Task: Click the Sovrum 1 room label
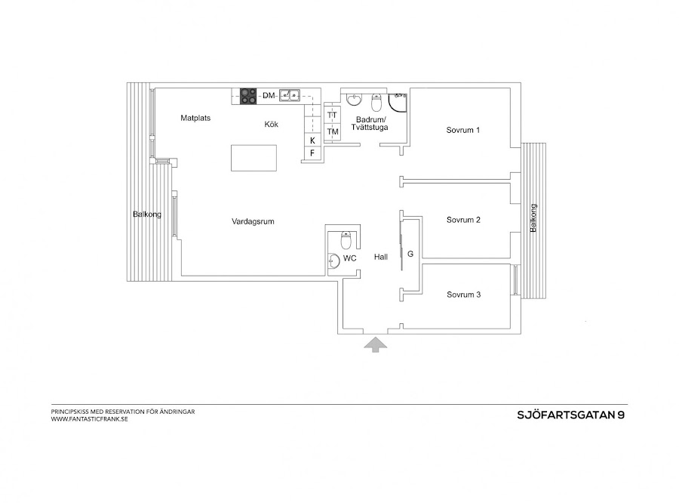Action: [x=463, y=130]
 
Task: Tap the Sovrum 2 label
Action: [x=463, y=220]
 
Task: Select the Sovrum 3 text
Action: [x=463, y=295]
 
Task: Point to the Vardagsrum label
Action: [x=252, y=222]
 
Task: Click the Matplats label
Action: [x=195, y=118]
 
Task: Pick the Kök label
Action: [x=272, y=125]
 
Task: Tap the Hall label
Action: [x=380, y=257]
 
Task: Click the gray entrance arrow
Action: [x=375, y=344]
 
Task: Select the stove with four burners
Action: [x=250, y=95]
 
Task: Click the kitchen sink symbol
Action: [x=290, y=95]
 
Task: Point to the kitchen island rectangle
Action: [x=253, y=159]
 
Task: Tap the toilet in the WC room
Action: [x=346, y=240]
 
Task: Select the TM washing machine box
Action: [x=333, y=132]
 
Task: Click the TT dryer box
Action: [x=333, y=115]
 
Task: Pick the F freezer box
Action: [x=312, y=153]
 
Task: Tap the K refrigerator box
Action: [x=312, y=140]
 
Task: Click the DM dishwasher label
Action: [x=269, y=95]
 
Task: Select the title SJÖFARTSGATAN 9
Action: [x=570, y=414]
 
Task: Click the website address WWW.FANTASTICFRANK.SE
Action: [x=90, y=418]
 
